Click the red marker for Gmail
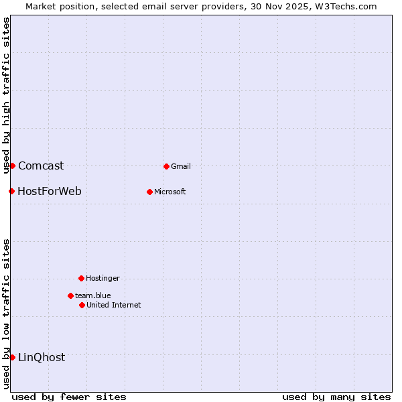tap(166, 166)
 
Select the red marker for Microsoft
tap(149, 192)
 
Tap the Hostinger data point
tap(81, 278)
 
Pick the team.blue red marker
tap(70, 295)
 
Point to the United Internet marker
tap(82, 305)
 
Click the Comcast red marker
tap(12, 165)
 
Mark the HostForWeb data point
tap(11, 191)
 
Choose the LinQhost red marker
tap(12, 357)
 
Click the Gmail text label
tap(181, 166)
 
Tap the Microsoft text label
tap(170, 192)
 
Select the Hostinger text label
tap(103, 278)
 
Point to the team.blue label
tap(93, 295)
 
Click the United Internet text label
tap(114, 305)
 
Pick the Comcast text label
tap(41, 165)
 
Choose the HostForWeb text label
tap(50, 191)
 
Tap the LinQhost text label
tap(42, 357)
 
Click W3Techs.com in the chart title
tap(346, 6)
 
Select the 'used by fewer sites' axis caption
tap(69, 397)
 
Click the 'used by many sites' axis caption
tap(336, 397)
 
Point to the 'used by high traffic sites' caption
tap(6, 95)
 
